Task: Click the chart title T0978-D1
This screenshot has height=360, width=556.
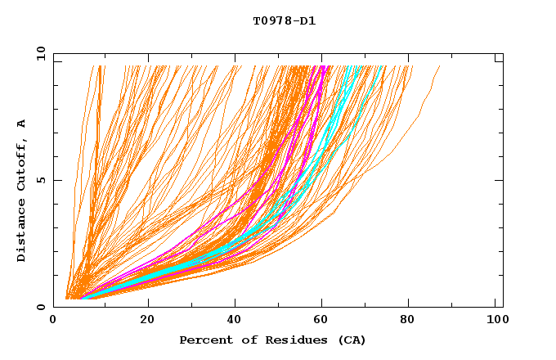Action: (284, 21)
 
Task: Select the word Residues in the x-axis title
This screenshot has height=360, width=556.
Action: (290, 340)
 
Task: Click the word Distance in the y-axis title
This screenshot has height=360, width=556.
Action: (22, 233)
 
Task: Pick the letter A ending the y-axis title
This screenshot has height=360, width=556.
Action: (22, 124)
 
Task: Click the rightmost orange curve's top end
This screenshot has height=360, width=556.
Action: (440, 66)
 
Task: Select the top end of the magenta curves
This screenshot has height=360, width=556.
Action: (324, 66)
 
